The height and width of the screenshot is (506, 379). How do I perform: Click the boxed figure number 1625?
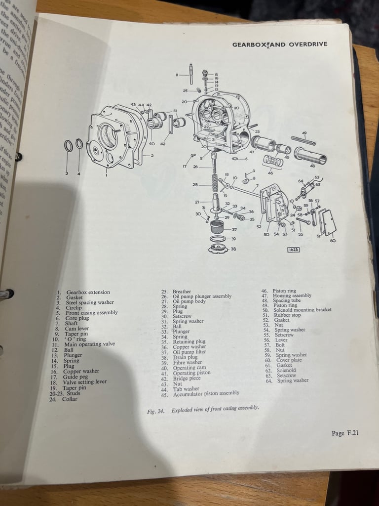[x=293, y=250]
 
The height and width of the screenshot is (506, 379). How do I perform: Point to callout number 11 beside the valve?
[x=176, y=75]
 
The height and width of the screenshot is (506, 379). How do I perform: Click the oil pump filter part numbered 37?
[x=218, y=229]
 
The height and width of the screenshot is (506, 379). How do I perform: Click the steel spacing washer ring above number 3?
[x=68, y=146]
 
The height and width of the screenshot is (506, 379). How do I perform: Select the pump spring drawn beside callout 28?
[x=214, y=183]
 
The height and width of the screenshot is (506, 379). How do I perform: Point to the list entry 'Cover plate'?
[x=289, y=360]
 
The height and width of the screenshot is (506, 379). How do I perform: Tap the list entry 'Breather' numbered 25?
[x=182, y=292]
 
